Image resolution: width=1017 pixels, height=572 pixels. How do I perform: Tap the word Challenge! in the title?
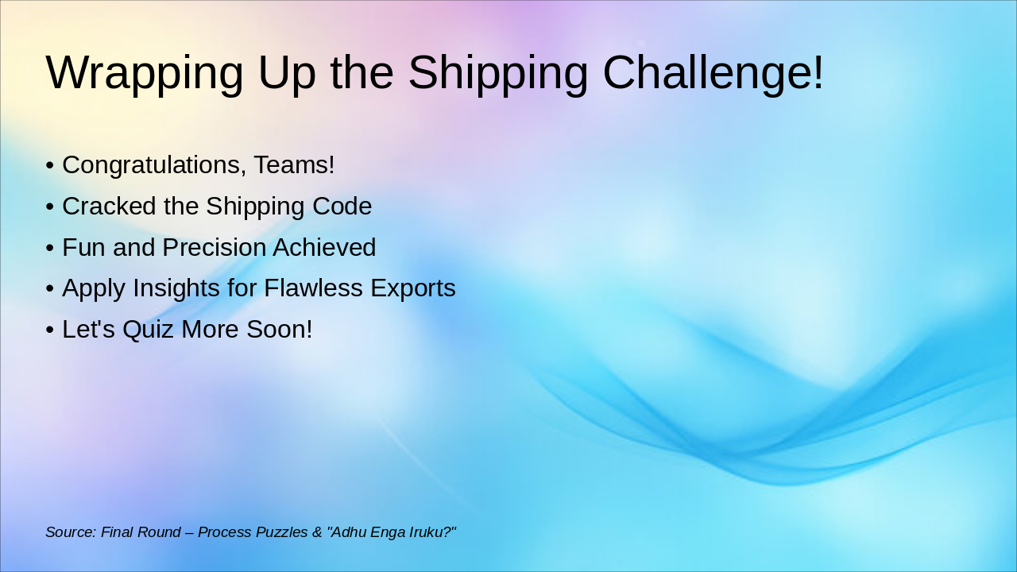click(713, 73)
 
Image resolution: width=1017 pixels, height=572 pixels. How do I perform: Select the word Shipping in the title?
click(497, 73)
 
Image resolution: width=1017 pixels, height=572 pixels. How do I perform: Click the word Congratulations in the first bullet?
click(154, 165)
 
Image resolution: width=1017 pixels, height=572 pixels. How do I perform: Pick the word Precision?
click(214, 248)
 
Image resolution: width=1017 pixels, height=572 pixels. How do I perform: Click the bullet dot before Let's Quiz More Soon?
click(50, 330)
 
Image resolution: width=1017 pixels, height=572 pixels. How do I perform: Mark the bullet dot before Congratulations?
click(50, 166)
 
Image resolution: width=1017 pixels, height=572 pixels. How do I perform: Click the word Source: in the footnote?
click(71, 532)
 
